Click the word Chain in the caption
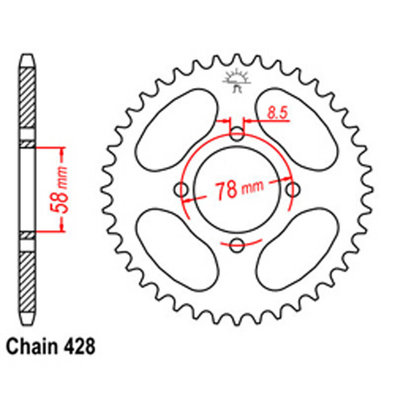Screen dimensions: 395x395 35,346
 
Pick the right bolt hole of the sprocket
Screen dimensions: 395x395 293,190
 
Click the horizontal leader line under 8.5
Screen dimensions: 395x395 269,122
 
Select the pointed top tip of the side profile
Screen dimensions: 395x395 28,57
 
